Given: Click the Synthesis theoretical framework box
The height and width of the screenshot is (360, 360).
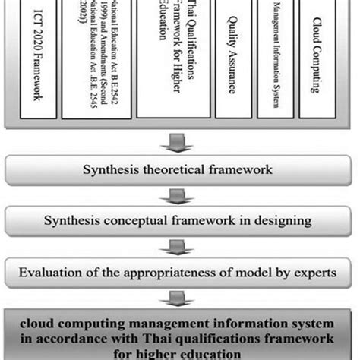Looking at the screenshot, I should [x=179, y=170].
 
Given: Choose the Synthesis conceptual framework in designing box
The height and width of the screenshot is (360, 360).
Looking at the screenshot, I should [x=179, y=221].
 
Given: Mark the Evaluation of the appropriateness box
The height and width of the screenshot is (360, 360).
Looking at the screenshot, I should [x=179, y=272].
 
